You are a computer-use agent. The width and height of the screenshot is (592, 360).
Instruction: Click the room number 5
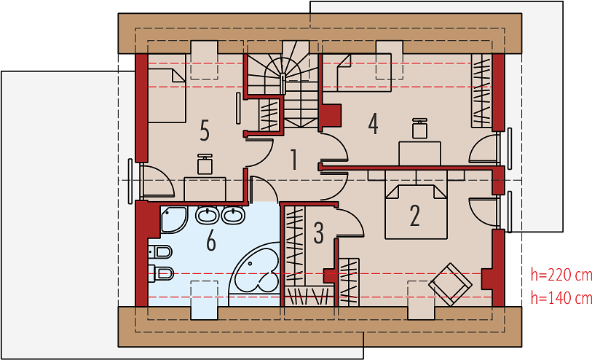pos(205,130)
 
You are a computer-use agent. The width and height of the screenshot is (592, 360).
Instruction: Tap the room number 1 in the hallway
pos(293,160)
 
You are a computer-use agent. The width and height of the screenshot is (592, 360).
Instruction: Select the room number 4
pos(373,124)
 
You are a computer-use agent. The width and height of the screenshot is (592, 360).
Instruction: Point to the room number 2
pos(414,216)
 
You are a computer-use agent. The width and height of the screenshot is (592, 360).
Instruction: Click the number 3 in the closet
pos(319,233)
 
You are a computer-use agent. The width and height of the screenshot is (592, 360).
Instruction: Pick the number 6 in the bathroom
pos(211,240)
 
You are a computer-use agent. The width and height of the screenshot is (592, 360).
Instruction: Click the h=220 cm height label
pos(561,275)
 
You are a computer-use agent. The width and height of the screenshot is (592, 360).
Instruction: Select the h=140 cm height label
pos(561,298)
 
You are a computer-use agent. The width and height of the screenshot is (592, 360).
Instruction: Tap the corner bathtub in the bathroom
pos(255,274)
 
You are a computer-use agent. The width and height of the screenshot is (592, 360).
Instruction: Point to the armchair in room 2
pos(451,284)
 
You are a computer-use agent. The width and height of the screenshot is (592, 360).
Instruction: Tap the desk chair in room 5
pos(205,164)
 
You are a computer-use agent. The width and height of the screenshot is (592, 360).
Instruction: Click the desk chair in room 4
pos(420,128)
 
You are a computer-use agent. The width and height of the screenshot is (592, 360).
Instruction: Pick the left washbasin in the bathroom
pos(208,215)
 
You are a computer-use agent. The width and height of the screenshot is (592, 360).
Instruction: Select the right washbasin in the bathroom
pos(233,215)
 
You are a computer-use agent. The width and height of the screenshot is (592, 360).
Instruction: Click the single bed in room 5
pos(167,95)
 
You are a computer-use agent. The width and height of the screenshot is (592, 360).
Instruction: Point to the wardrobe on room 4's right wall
pos(481,90)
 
